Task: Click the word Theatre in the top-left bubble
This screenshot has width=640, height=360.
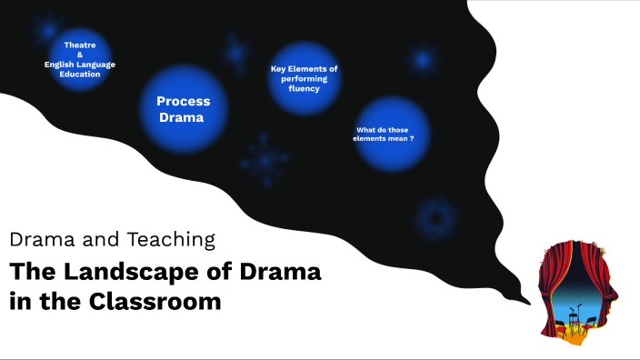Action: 80,45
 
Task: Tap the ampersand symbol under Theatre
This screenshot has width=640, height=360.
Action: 80,54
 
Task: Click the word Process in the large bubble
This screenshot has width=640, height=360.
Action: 183,102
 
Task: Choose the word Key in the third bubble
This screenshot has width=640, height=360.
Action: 281,69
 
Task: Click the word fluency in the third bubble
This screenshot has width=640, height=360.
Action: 305,88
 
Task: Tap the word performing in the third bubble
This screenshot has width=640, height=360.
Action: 305,79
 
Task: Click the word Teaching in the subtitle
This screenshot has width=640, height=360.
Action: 173,240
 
